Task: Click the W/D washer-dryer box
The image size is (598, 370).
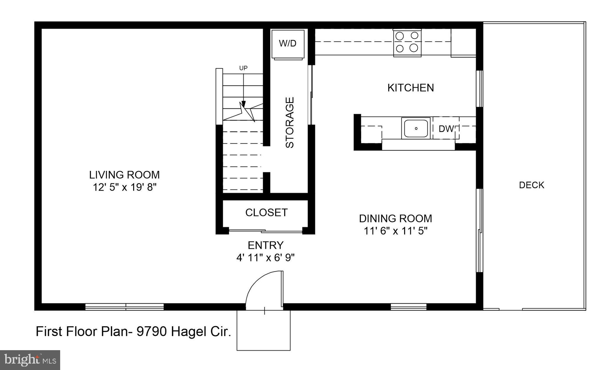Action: pos(288,44)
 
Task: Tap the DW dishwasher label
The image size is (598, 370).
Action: pos(446,129)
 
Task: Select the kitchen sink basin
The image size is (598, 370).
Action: pos(416,128)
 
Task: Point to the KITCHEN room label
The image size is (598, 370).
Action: pos(411,88)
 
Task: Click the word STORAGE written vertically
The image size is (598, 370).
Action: pos(290,123)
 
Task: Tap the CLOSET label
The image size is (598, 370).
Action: pos(266,213)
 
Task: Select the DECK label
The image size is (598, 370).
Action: pos(531,185)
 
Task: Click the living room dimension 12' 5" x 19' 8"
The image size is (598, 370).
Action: pos(125,187)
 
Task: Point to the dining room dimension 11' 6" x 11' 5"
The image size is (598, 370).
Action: pos(395,231)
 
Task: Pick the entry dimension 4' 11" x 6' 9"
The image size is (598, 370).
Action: pos(265,258)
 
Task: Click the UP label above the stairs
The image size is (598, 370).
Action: pos(243,68)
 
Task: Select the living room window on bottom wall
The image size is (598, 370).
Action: pos(124,307)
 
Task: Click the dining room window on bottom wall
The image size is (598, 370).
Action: pos(408,307)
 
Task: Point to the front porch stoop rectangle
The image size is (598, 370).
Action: pos(263,331)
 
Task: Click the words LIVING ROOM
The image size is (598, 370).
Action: pos(124,175)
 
